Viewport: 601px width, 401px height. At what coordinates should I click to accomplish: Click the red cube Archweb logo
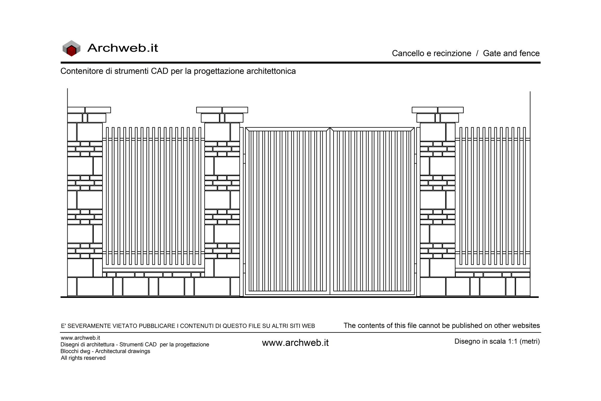pos(72,48)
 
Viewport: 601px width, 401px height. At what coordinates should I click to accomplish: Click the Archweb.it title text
pos(123,48)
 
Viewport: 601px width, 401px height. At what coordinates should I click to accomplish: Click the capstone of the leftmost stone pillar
pos(89,110)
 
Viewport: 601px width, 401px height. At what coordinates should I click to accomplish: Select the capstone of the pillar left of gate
pos(222,110)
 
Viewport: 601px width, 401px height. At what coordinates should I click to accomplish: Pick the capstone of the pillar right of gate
pos(438,110)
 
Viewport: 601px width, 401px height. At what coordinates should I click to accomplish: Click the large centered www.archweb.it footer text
pos(295,343)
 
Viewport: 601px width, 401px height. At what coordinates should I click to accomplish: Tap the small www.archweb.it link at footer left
pos(80,338)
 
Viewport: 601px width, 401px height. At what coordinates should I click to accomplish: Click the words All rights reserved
pos(83,358)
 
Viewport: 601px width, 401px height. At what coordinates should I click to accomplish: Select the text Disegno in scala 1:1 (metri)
pos(497,341)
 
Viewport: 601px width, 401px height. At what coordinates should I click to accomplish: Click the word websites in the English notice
pos(526,326)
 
